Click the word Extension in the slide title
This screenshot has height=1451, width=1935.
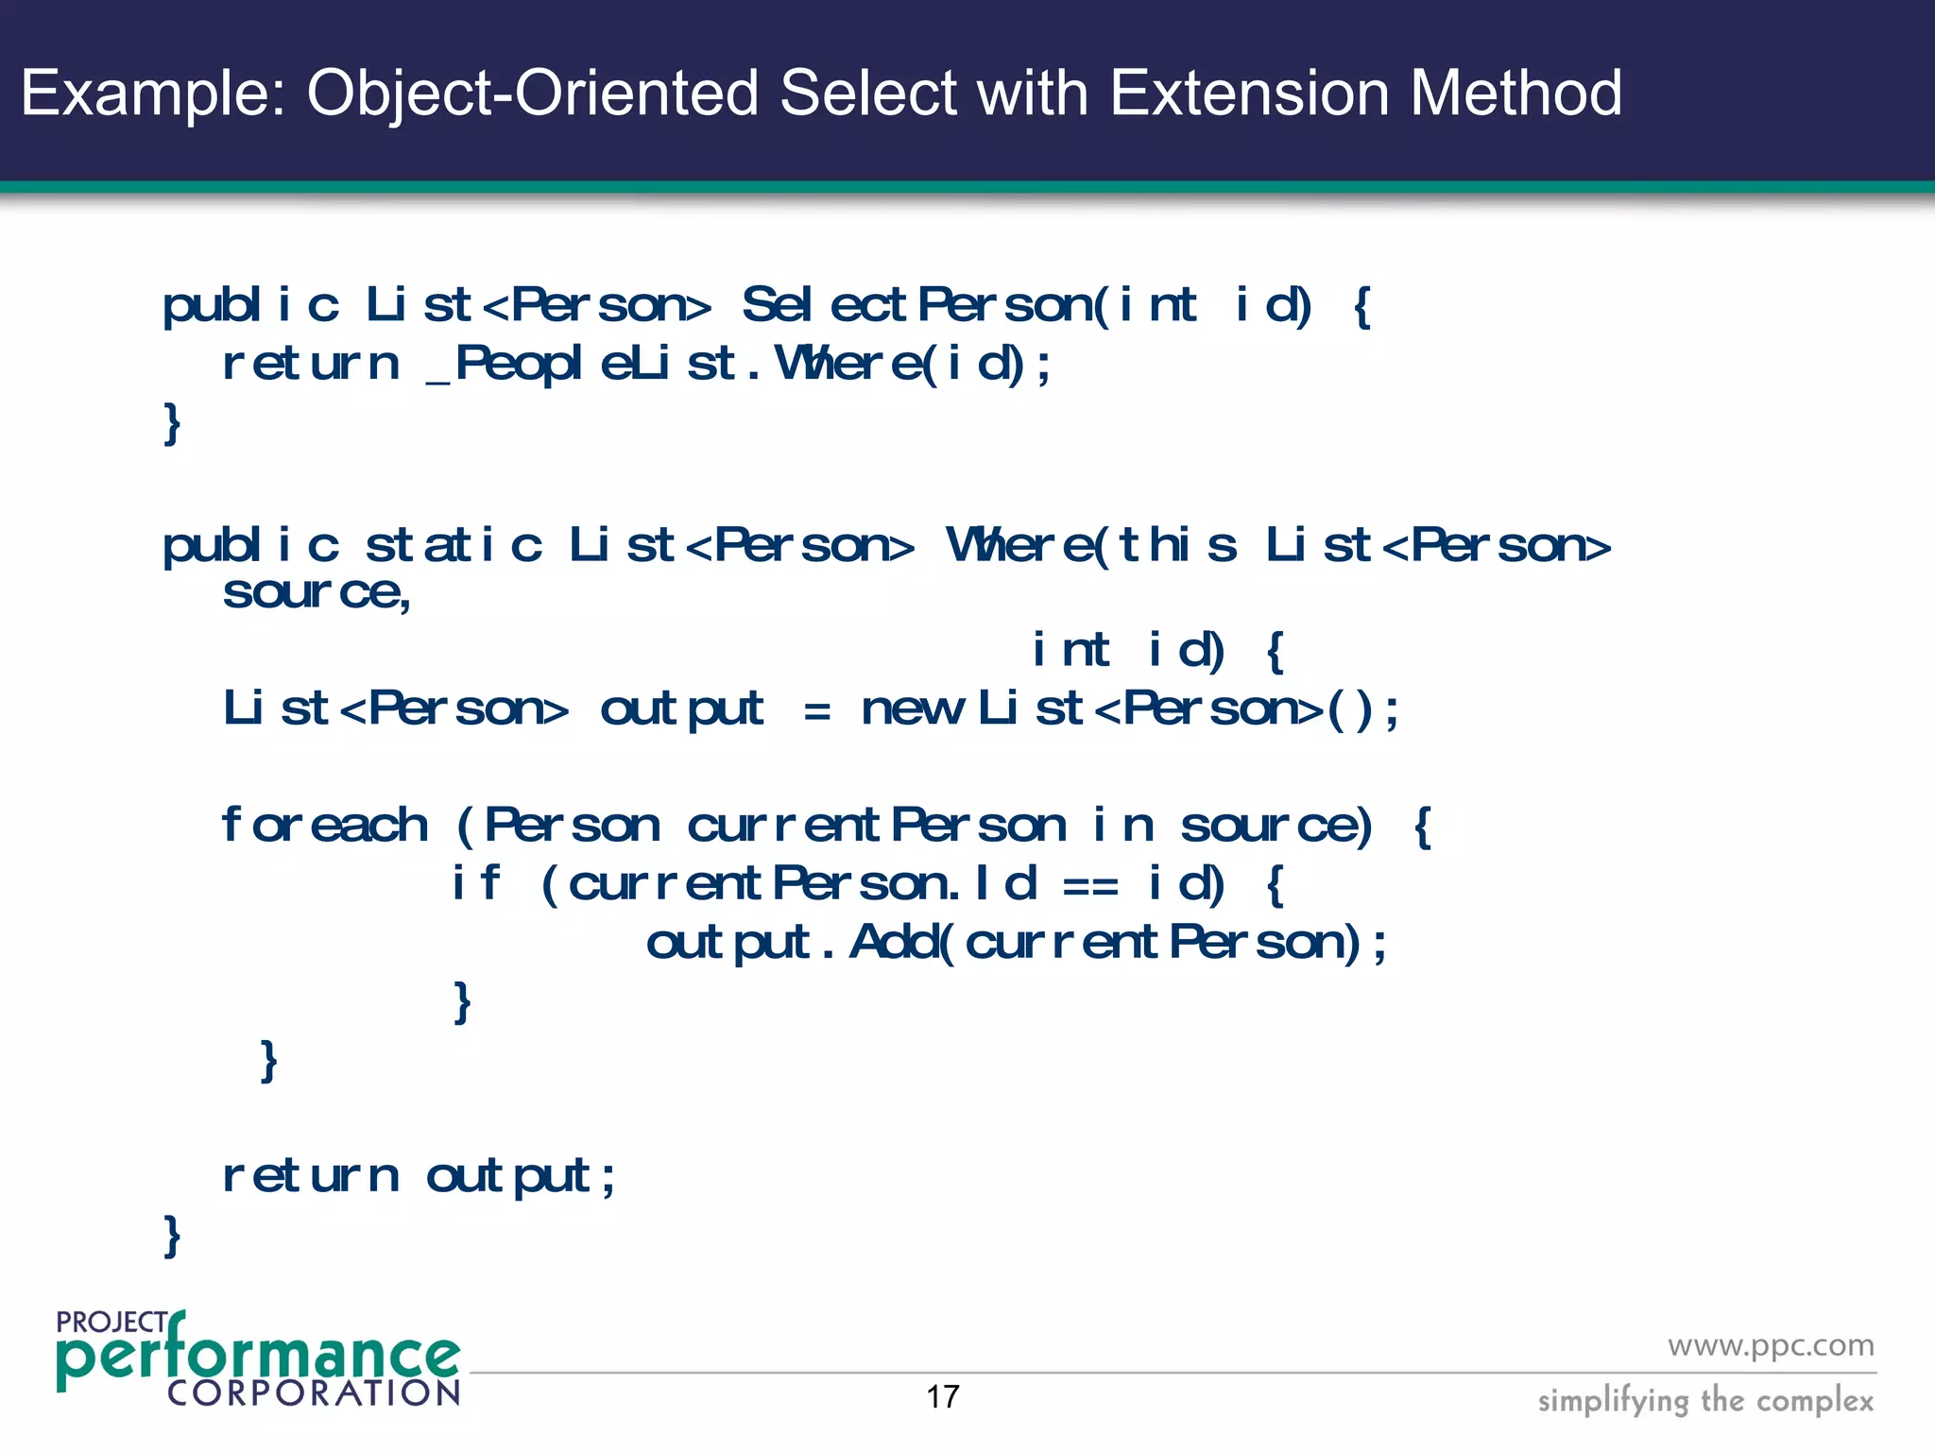tap(1249, 93)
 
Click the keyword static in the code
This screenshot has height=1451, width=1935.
tap(454, 546)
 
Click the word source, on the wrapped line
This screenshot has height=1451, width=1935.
tap(317, 593)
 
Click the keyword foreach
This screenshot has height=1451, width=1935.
tap(324, 826)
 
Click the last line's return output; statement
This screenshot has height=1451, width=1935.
tap(419, 1177)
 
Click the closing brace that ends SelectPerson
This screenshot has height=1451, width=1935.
tap(172, 423)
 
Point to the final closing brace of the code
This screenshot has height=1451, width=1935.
tap(172, 1236)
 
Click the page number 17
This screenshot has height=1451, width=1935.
tap(942, 1397)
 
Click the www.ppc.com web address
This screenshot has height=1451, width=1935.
tap(1770, 1345)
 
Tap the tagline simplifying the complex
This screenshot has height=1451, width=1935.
tap(1704, 1400)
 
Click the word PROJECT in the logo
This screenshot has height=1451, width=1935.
tap(111, 1323)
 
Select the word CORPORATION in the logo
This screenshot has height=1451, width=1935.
tap(313, 1393)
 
